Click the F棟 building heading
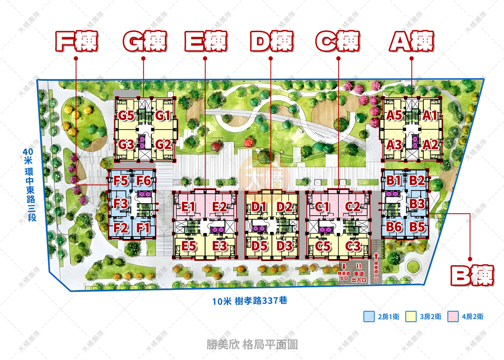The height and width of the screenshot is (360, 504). (x=76, y=41)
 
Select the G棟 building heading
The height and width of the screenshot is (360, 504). (x=144, y=41)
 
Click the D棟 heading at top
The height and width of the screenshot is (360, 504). (x=271, y=41)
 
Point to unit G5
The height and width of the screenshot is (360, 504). (x=126, y=115)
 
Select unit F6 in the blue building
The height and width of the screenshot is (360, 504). (x=144, y=181)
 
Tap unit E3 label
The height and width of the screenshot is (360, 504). (x=220, y=246)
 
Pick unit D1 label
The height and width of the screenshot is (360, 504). (x=260, y=206)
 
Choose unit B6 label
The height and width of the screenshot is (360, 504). (x=394, y=227)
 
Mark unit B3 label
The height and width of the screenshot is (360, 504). (x=417, y=204)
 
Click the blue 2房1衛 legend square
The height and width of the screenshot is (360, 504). (x=369, y=317)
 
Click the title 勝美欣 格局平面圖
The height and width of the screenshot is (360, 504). (x=252, y=344)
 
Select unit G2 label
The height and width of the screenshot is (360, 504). (x=163, y=145)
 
